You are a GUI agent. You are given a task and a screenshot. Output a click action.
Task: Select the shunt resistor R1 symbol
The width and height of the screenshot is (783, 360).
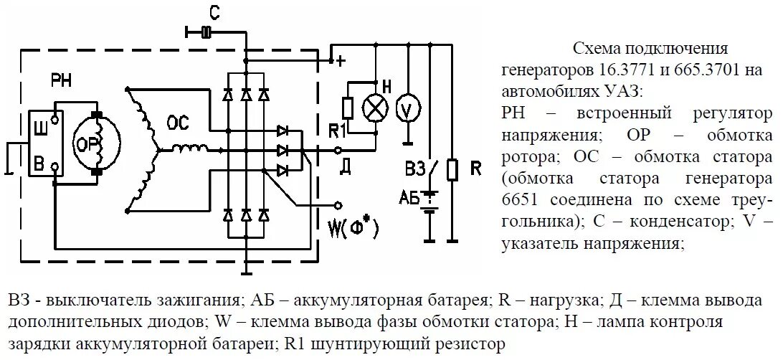click(x=348, y=108)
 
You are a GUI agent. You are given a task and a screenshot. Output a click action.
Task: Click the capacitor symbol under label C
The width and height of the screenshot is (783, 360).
click(x=206, y=32)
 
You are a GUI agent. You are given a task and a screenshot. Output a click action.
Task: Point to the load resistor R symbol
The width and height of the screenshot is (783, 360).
click(x=452, y=170)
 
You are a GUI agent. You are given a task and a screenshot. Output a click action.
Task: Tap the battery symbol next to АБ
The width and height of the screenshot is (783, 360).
click(x=429, y=202)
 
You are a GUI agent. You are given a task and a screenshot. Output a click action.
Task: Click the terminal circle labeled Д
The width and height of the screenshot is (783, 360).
click(x=337, y=151)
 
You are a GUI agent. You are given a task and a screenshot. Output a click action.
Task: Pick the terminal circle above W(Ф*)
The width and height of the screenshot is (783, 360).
click(x=337, y=204)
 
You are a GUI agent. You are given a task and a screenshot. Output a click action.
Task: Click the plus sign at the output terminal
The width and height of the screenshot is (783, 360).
click(x=342, y=62)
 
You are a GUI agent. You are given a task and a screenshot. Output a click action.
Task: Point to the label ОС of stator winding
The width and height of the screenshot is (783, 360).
click(x=178, y=123)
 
